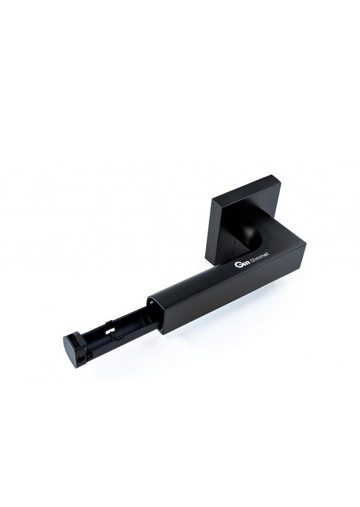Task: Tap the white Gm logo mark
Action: pos(239,265)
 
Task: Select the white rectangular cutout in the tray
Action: pos(111,330)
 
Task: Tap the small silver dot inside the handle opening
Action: pos(151,303)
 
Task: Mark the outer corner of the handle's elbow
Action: pos(305,245)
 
